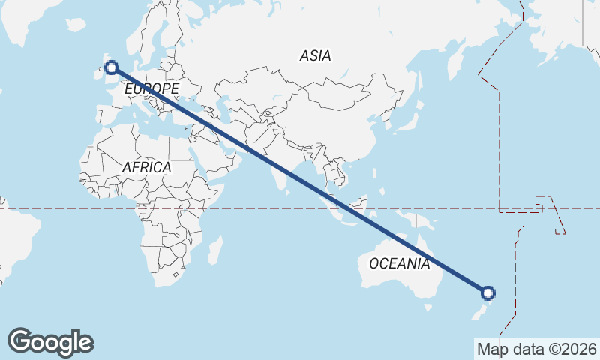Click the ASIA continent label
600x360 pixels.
[315, 55]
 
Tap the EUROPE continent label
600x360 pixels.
[151, 89]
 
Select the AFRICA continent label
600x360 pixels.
[146, 167]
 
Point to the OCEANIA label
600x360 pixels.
[400, 263]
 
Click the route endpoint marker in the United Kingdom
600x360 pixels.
[112, 68]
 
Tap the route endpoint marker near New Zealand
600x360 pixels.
[488, 293]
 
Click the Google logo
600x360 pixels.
[50, 342]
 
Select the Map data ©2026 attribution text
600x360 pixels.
[537, 349]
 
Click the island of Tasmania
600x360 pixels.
[428, 307]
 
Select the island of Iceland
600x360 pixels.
[76, 25]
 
